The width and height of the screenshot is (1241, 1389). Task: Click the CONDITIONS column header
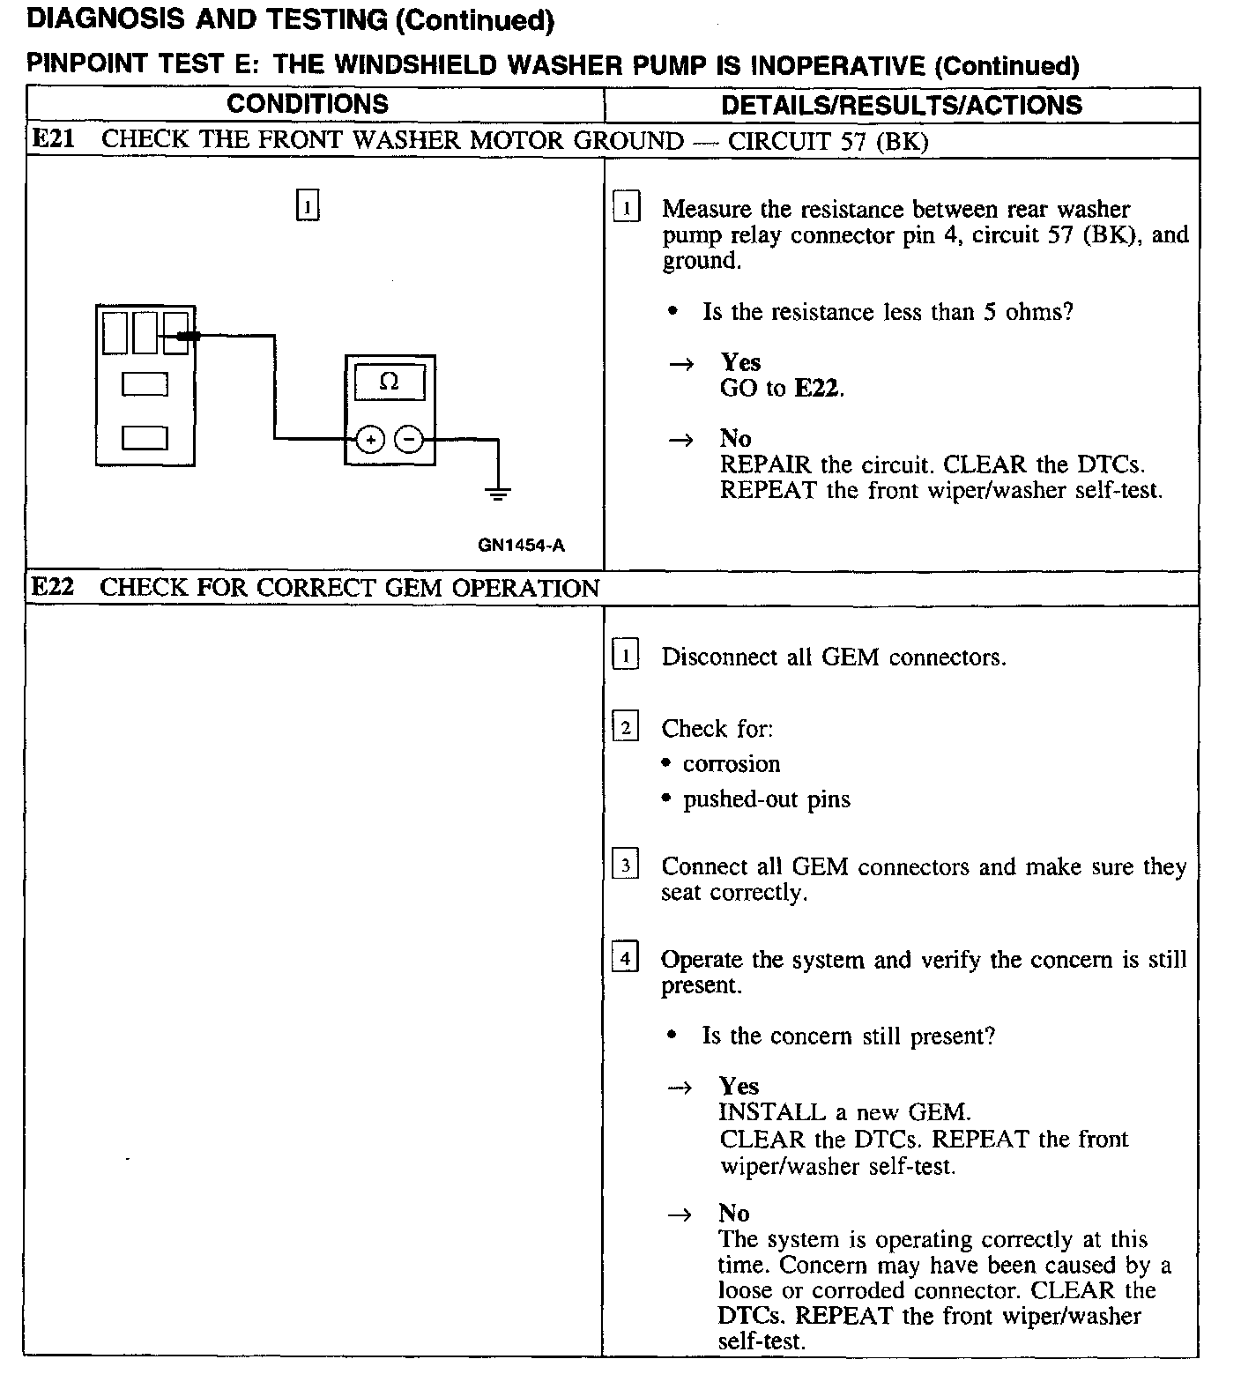click(x=307, y=104)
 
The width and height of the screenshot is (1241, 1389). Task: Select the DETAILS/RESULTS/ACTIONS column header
click(x=901, y=105)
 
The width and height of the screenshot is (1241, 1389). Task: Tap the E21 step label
click(x=54, y=139)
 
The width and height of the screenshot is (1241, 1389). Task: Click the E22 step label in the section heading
click(x=53, y=587)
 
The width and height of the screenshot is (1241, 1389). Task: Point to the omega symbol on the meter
click(x=389, y=383)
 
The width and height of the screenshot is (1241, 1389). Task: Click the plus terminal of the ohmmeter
click(x=370, y=439)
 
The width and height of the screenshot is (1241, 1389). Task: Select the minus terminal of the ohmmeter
click(x=408, y=439)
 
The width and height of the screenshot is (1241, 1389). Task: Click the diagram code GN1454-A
click(x=521, y=545)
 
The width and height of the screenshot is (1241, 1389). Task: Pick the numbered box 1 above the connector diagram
click(x=307, y=206)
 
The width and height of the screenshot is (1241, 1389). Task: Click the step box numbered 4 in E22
click(x=625, y=957)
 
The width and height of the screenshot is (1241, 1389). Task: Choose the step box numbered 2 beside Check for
click(x=625, y=727)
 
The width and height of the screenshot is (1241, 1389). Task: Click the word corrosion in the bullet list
click(x=732, y=764)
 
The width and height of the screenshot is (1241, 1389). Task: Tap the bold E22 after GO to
click(x=817, y=388)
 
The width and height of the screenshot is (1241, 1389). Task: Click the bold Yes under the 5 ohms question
click(x=740, y=362)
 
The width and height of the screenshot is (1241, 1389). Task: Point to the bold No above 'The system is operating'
click(x=733, y=1214)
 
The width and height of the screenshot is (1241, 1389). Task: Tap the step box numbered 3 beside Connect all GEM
click(x=625, y=865)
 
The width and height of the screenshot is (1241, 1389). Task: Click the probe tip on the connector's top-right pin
click(x=188, y=336)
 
